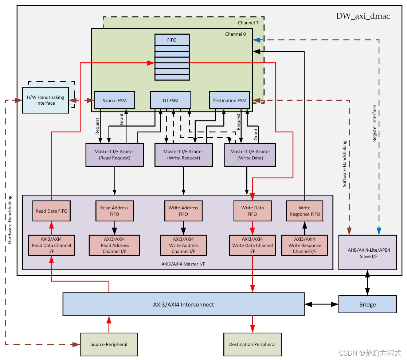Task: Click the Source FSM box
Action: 115,100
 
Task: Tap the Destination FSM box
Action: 230,100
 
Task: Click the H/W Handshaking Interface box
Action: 46,100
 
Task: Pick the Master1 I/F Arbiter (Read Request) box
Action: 114,155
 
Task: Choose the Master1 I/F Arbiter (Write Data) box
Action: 250,155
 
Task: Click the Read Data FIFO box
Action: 51,211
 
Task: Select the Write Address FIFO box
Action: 183,211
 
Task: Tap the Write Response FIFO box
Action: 305,211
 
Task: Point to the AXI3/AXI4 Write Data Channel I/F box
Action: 253,245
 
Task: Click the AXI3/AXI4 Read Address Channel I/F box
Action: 114,245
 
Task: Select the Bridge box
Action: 367,305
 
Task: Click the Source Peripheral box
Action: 109,344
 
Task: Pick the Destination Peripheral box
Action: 252,344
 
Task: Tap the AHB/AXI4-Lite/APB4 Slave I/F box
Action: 367,252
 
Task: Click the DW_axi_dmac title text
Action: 363,16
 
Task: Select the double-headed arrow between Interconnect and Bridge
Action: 321,304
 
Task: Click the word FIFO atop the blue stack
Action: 172,40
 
